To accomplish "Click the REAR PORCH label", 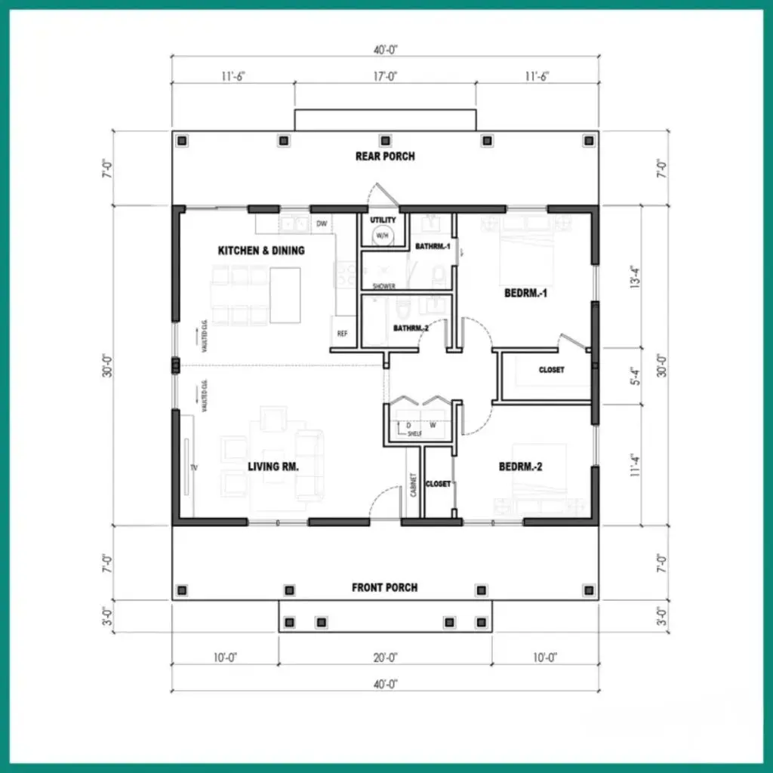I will pyautogui.click(x=385, y=156).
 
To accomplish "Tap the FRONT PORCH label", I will pyautogui.click(x=384, y=587).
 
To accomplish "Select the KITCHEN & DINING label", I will pyautogui.click(x=261, y=250).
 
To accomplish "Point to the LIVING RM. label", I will pyautogui.click(x=273, y=467).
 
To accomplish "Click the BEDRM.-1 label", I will pyautogui.click(x=525, y=293).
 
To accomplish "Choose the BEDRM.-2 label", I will pyautogui.click(x=521, y=467).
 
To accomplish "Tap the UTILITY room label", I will pyautogui.click(x=383, y=220).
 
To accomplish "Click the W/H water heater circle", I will pyautogui.click(x=382, y=236).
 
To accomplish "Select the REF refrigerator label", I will pyautogui.click(x=342, y=333).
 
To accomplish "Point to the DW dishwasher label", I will pyautogui.click(x=322, y=223).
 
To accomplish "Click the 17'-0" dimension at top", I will pyautogui.click(x=385, y=75).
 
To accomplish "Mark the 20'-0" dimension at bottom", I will pyautogui.click(x=385, y=658).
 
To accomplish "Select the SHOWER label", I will pyautogui.click(x=383, y=286).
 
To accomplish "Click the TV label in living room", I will pyautogui.click(x=194, y=468).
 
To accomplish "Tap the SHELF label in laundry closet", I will pyautogui.click(x=414, y=433).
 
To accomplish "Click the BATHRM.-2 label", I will pyautogui.click(x=411, y=328).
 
